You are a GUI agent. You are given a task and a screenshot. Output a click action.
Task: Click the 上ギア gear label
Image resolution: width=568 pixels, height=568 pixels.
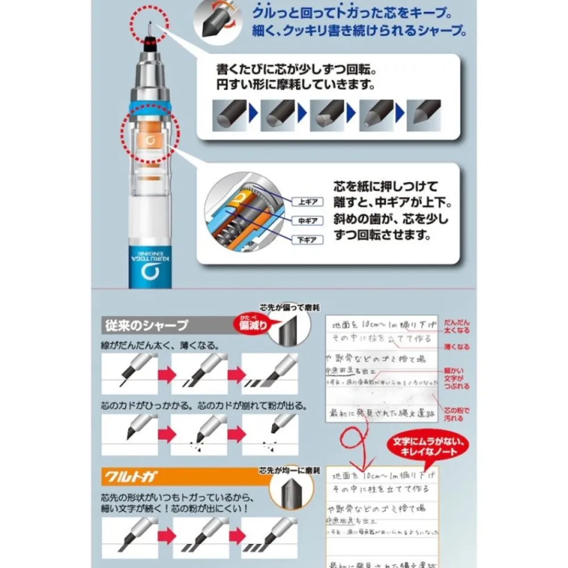point(307,202)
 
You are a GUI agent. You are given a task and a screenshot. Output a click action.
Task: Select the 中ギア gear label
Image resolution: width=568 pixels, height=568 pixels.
point(307,220)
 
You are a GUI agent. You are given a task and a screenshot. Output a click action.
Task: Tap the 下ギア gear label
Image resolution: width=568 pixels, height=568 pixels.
point(307,240)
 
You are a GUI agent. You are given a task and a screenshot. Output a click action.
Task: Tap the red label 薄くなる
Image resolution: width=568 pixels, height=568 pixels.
point(456,347)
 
